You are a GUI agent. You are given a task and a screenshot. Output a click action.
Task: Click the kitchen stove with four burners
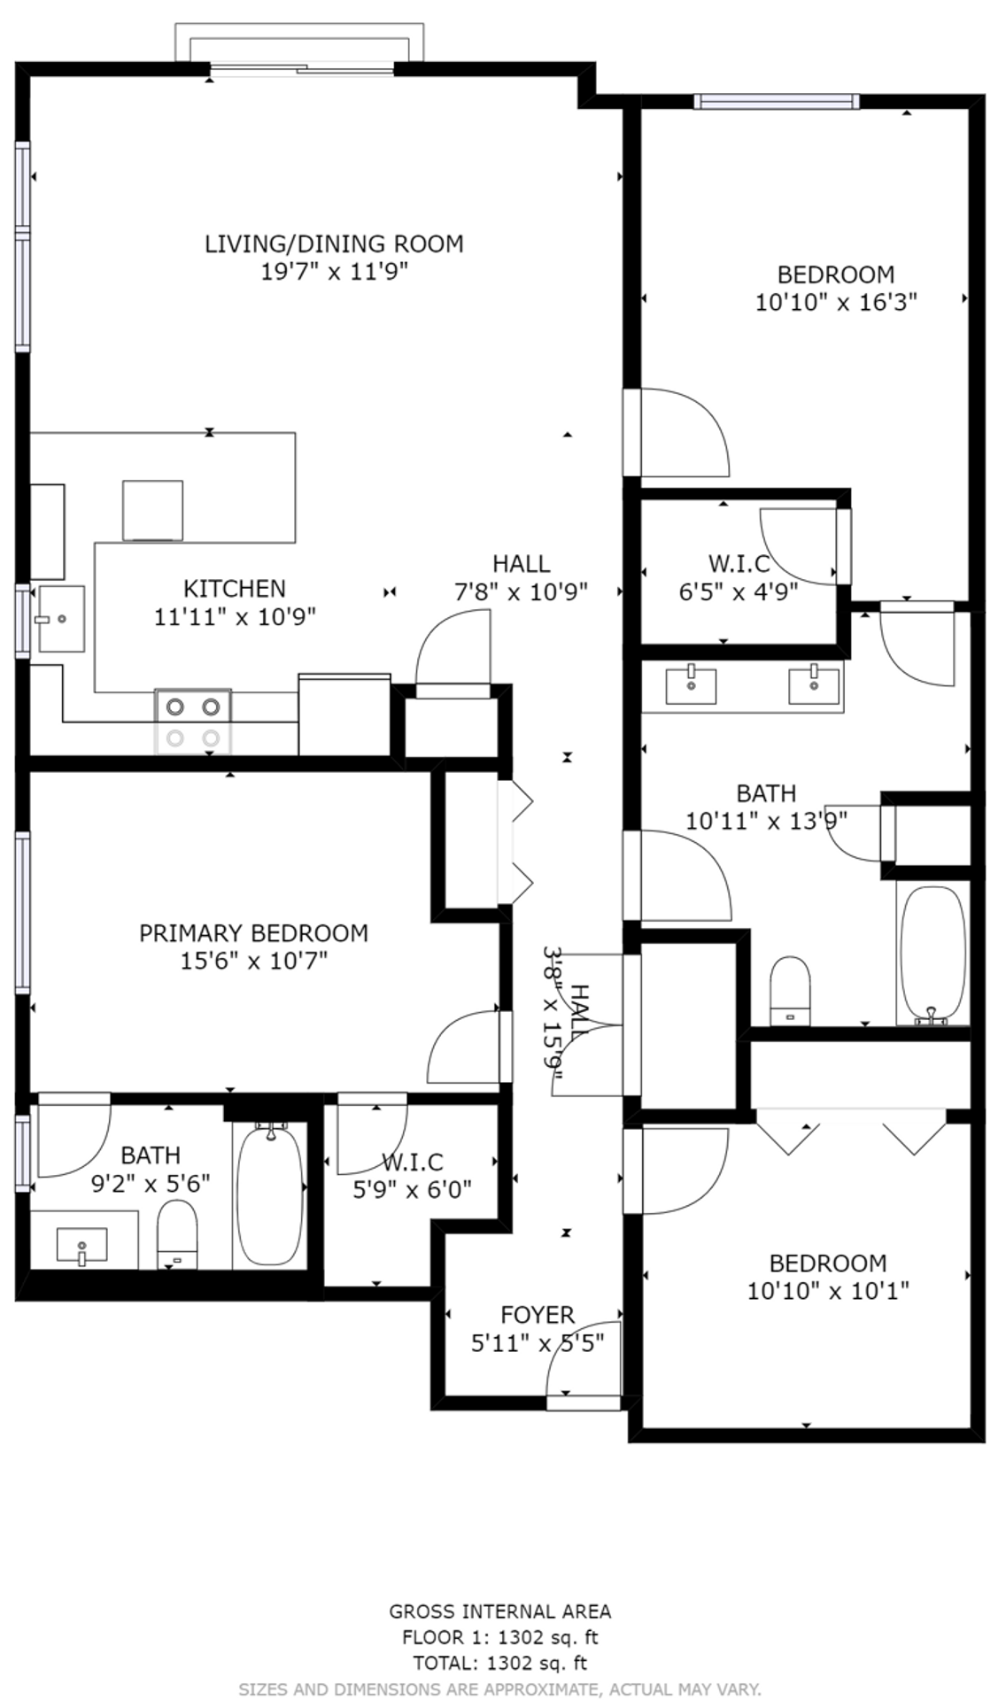click(x=193, y=721)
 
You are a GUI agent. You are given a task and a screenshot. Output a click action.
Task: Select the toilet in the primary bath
click(x=177, y=1234)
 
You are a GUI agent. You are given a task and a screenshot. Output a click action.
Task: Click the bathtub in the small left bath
click(x=271, y=1194)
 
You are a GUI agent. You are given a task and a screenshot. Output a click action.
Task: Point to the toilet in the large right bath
click(x=791, y=991)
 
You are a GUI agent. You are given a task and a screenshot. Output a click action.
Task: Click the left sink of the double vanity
click(x=691, y=685)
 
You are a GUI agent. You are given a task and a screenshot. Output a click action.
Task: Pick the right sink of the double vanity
click(x=814, y=685)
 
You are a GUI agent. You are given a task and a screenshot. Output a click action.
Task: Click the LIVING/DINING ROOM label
click(x=334, y=243)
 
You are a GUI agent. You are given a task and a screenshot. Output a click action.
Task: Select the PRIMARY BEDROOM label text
click(x=253, y=933)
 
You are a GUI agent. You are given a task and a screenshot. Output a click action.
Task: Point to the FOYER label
click(x=538, y=1315)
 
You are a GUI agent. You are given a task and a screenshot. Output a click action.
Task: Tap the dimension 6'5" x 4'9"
click(x=739, y=591)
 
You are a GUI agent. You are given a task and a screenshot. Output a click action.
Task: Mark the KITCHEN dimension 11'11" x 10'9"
click(x=235, y=616)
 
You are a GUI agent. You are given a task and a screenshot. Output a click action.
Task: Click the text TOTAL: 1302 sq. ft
click(x=500, y=1663)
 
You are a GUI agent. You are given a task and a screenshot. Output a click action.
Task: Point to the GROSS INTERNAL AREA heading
click(x=500, y=1611)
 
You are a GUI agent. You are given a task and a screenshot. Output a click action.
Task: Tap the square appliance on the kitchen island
click(x=152, y=510)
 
